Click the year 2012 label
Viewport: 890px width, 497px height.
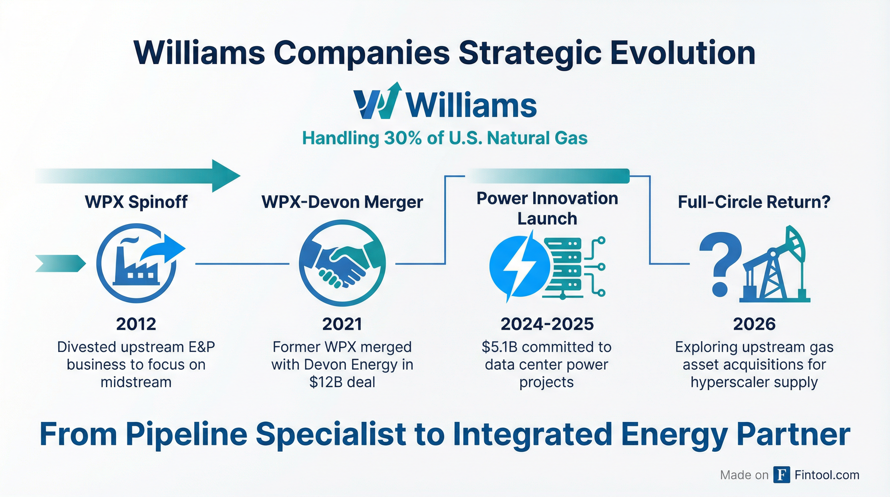[136, 324]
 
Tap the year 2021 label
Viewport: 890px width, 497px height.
[342, 324]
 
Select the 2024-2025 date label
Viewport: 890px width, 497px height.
[547, 324]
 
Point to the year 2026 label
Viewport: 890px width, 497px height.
[754, 324]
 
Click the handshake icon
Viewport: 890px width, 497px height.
[342, 263]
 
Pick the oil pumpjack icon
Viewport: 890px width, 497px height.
[776, 264]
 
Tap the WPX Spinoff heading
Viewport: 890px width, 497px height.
[136, 202]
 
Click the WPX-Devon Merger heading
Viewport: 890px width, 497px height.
[342, 202]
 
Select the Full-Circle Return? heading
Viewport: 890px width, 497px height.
[754, 202]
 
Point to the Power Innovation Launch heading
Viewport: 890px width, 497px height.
[547, 208]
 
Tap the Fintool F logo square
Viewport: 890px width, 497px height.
[782, 475]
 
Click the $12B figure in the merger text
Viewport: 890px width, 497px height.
[324, 382]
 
